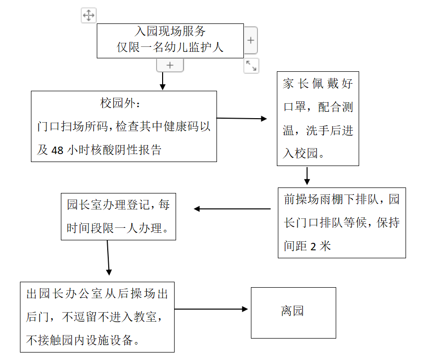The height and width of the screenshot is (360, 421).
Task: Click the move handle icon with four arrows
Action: click(x=88, y=15)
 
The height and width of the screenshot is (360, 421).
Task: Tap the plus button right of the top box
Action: click(x=250, y=40)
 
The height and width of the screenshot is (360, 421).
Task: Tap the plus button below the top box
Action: click(x=170, y=65)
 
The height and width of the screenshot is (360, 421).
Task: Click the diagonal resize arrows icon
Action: click(x=251, y=66)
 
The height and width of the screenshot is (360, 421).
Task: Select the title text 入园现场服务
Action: click(x=170, y=31)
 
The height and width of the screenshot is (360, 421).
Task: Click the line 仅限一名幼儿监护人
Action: click(x=170, y=47)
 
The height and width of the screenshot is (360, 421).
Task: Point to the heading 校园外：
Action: click(x=123, y=104)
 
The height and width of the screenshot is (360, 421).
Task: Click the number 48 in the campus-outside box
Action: click(x=57, y=150)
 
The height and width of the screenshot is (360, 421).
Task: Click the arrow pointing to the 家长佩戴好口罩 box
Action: click(x=242, y=119)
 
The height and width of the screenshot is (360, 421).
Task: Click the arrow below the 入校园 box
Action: click(x=307, y=176)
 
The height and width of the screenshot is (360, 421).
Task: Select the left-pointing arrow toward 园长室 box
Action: click(x=232, y=209)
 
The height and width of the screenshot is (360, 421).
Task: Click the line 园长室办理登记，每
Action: click(x=118, y=204)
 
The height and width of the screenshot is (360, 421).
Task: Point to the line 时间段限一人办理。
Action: click(x=118, y=228)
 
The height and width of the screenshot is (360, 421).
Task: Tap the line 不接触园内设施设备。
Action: click(x=83, y=340)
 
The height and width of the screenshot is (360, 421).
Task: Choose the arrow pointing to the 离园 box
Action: click(x=211, y=309)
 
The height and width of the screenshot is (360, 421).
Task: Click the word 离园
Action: click(x=292, y=312)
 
